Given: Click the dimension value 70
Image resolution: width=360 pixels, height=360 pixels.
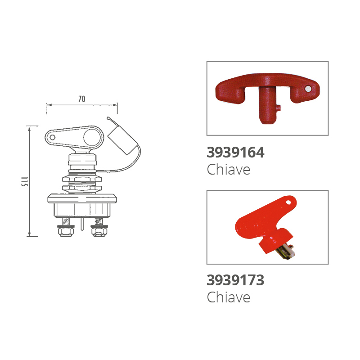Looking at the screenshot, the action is coord(82,99).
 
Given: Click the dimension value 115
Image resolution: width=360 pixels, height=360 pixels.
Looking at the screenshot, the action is coord(25,182).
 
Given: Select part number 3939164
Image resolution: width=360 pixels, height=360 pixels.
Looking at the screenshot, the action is coord(235,153).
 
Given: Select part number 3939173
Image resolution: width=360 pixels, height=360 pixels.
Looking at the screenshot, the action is coord(235,280).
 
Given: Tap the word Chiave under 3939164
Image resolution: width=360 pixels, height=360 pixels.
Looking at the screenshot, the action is coord(229,170).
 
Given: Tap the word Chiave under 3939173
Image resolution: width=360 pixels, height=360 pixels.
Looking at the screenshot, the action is coord(229,297).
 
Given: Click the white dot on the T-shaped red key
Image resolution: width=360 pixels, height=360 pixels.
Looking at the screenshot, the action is coord(308,89).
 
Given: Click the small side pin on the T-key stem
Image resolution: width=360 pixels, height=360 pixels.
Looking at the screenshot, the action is coord(278,108).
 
